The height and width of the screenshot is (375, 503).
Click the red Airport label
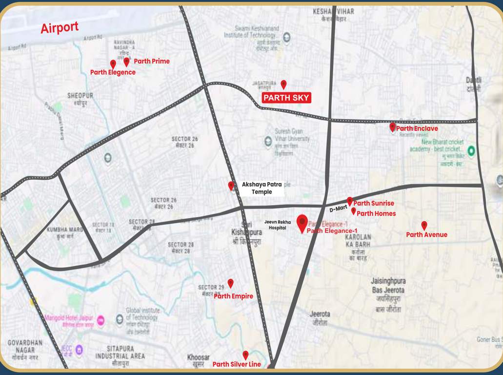click(59, 28)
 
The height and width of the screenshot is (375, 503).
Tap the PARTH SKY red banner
click(286, 98)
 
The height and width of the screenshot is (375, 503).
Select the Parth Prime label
click(152, 61)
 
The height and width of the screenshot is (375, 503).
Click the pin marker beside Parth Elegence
click(113, 64)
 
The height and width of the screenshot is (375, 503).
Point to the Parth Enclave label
click(417, 128)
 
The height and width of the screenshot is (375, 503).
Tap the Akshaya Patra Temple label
click(262, 188)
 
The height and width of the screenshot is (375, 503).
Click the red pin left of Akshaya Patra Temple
click(231, 186)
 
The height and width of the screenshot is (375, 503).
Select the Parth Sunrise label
click(373, 203)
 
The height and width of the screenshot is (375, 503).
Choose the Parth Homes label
click(376, 213)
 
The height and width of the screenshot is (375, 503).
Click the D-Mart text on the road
click(338, 209)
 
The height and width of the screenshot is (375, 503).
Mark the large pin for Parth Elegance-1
click(302, 223)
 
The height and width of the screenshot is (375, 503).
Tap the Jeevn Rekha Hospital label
click(278, 225)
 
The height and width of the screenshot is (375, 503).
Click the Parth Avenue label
click(426, 234)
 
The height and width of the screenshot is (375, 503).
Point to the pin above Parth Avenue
click(424, 225)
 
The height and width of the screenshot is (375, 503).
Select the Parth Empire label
click(233, 296)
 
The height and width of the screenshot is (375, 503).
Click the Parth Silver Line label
click(236, 364)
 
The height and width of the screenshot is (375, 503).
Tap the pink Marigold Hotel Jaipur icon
click(101, 320)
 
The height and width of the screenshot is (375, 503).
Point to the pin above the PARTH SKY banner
click(283, 84)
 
